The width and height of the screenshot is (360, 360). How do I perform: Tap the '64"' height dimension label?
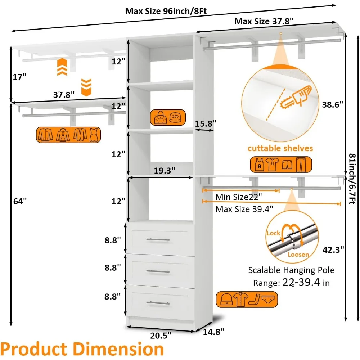[20, 202]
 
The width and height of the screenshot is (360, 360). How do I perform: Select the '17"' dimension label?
[19, 77]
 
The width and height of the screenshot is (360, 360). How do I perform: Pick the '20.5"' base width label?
[160, 335]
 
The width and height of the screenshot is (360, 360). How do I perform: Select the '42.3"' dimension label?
[333, 248]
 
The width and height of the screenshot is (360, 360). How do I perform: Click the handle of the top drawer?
[158, 239]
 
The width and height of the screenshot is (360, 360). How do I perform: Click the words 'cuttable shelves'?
[280, 148]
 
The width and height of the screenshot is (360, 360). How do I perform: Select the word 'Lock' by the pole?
[273, 233]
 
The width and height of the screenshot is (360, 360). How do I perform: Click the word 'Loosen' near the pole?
[298, 255]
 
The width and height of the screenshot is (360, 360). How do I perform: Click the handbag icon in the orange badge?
[159, 118]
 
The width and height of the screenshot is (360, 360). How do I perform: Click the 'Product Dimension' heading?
[82, 349]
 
